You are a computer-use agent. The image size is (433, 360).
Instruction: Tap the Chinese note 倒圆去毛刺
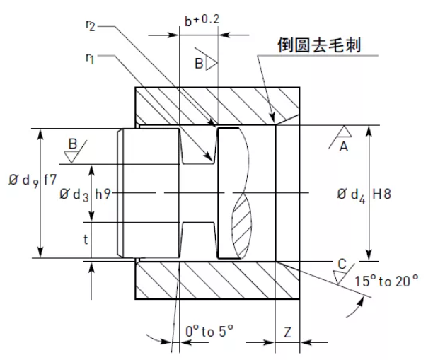[x=320, y=45]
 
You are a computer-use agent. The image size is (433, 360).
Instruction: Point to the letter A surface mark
[x=345, y=146]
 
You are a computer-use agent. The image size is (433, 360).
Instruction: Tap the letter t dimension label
[x=86, y=239]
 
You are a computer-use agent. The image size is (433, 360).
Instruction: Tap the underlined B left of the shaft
[x=73, y=144]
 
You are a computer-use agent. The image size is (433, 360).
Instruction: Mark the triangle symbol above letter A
[x=344, y=132]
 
